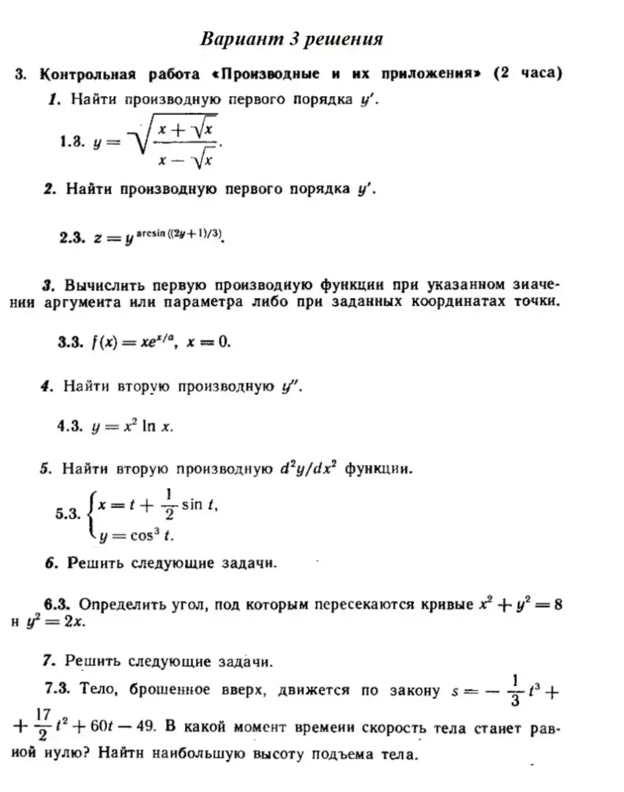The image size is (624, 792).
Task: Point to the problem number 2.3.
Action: click(71, 237)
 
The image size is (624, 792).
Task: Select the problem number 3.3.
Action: click(71, 342)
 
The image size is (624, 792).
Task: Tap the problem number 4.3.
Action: click(71, 426)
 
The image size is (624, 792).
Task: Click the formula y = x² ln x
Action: click(132, 426)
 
